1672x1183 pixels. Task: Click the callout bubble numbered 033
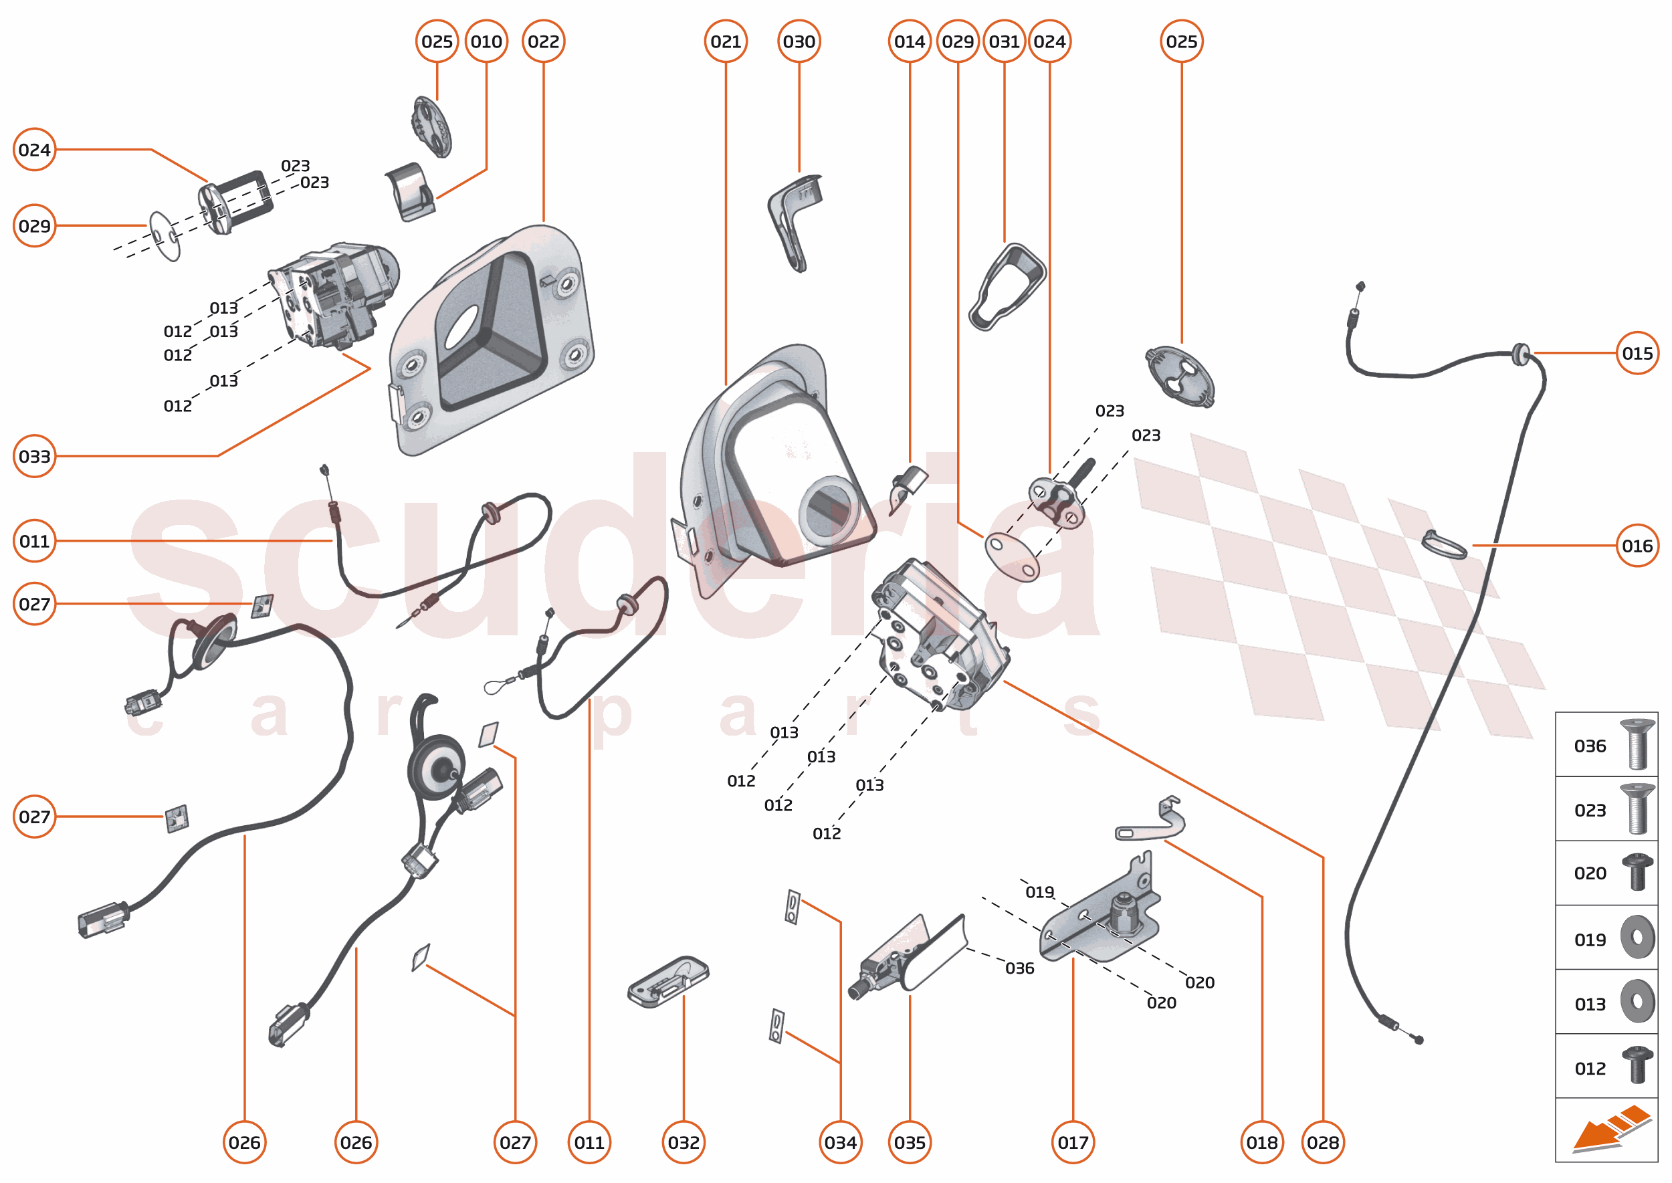pos(34,457)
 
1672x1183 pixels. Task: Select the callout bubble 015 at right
pos(1637,353)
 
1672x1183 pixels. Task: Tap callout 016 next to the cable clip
pos(1637,546)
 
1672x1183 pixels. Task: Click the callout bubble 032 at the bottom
pos(684,1142)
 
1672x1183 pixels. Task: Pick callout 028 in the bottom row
pos(1322,1142)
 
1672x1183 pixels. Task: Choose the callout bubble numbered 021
pos(726,41)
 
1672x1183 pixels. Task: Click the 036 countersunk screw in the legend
pos(1637,744)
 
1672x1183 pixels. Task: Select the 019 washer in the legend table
pos(1637,937)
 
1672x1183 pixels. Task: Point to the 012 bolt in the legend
pos(1637,1065)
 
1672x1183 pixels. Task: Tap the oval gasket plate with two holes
pos(1012,556)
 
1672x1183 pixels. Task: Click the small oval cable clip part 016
pos(1444,544)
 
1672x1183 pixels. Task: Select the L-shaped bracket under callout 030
pos(793,219)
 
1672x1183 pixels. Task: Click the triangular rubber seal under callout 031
pos(1007,287)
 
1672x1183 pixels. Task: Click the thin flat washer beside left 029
pos(165,236)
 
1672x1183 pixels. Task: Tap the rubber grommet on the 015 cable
pos(1520,354)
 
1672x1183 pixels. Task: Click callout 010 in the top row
pos(486,41)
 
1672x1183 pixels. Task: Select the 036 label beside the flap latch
pos(1019,968)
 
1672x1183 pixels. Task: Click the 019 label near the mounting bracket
pos(1039,892)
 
